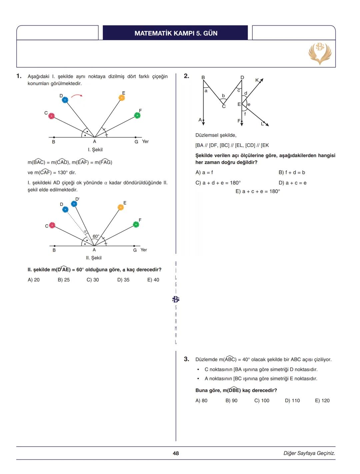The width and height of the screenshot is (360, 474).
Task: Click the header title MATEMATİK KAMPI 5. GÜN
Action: click(176, 33)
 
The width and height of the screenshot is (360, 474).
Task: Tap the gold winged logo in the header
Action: click(320, 53)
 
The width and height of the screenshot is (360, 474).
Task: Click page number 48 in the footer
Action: click(176, 453)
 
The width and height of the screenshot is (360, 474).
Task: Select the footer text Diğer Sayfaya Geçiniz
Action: click(309, 453)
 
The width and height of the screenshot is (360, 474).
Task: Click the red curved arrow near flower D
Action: click(77, 96)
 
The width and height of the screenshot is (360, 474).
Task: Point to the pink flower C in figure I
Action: click(51, 116)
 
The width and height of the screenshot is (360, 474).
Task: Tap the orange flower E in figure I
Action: click(122, 98)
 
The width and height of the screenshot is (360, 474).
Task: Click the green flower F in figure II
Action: click(136, 225)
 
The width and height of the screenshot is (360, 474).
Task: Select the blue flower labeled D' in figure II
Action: click(74, 204)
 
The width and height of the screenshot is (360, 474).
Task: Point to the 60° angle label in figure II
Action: click(96, 236)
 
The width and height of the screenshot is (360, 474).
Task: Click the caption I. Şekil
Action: click(95, 150)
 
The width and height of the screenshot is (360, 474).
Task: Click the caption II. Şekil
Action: click(94, 258)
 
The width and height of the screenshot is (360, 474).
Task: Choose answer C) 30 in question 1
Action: click(93, 280)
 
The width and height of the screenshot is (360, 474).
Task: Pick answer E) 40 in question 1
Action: click(153, 280)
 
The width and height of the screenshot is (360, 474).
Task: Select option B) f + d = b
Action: click(292, 172)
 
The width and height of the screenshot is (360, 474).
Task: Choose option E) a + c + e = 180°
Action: click(258, 191)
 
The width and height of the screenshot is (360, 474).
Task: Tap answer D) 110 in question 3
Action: click(292, 400)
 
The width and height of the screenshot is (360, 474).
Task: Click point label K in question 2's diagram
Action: click(257, 80)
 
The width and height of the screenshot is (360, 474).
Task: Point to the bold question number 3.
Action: click(186, 359)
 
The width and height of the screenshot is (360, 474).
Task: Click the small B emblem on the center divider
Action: click(176, 299)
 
